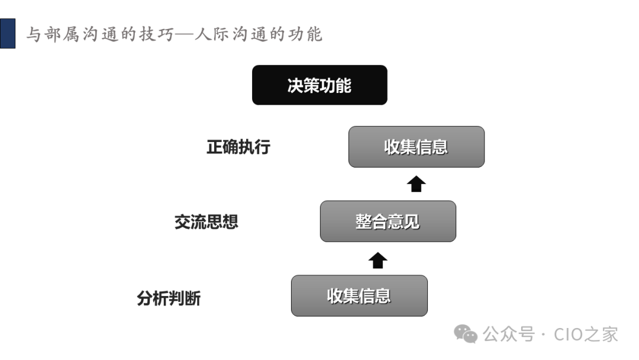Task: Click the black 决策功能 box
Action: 319,85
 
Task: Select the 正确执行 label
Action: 238,147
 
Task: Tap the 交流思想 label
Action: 206,221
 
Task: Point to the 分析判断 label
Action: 169,298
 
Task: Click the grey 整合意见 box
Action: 388,221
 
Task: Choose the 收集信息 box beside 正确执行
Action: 416,147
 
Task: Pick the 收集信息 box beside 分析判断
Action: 359,295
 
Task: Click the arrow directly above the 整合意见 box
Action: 417,184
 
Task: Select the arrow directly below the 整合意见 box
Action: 378,260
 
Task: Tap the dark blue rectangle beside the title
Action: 7,33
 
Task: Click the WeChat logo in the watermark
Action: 466,335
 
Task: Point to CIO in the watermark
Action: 569,335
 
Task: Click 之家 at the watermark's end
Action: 602,335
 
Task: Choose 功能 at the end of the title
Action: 305,34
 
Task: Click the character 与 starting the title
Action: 34,34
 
